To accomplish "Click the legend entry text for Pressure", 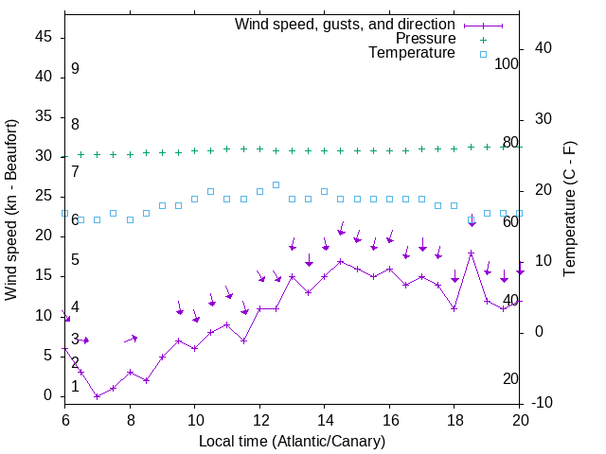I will click(x=425, y=39).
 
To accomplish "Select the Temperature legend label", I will click(x=412, y=54).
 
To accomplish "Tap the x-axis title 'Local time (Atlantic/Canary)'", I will click(x=293, y=441).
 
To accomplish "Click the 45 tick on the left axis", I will click(x=45, y=37).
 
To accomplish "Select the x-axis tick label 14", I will click(x=325, y=419).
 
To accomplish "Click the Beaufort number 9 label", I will click(x=75, y=69).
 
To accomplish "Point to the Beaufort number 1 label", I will click(x=75, y=387).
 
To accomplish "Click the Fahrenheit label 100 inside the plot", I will click(x=508, y=64).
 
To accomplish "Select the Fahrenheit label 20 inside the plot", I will click(x=510, y=379).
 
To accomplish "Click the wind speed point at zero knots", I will click(x=98, y=396).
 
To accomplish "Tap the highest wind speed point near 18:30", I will click(x=471, y=253).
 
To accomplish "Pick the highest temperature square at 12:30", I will click(x=276, y=184).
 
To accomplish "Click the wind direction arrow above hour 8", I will click(x=131, y=339).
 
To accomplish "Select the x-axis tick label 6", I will click(x=65, y=419).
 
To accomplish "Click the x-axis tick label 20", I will click(x=520, y=419).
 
